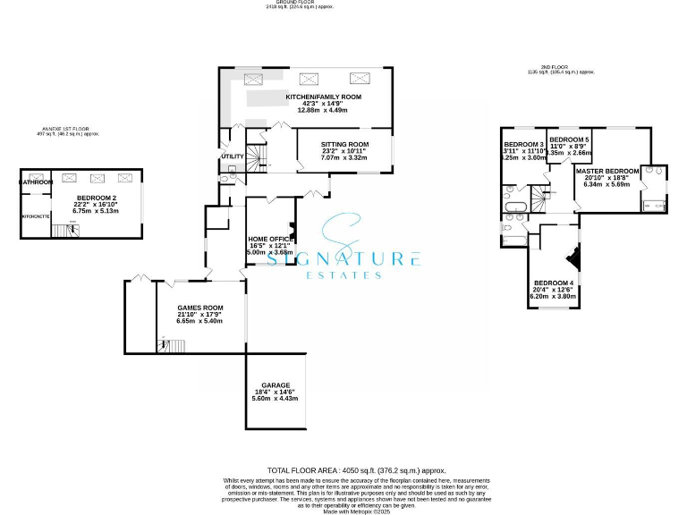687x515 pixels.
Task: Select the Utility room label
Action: [x=232, y=156]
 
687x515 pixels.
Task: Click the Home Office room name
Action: [x=269, y=239]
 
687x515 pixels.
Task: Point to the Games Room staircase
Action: [x=163, y=344]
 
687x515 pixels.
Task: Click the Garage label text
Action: [x=276, y=385]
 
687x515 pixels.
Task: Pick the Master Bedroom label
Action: [x=607, y=171]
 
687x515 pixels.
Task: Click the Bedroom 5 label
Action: [x=569, y=140]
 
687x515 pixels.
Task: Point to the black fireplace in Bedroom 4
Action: [x=576, y=258]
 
